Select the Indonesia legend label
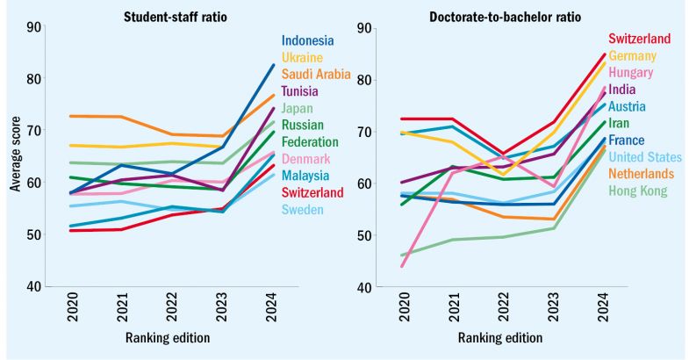pos(308,40)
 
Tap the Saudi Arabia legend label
pos(316,74)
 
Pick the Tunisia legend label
pos(300,90)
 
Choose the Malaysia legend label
pos(305,176)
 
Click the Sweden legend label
pos(303,210)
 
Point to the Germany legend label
pos(638,56)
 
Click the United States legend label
pos(645,157)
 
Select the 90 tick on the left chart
pos(34,28)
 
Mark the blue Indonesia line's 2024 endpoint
pos(274,65)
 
